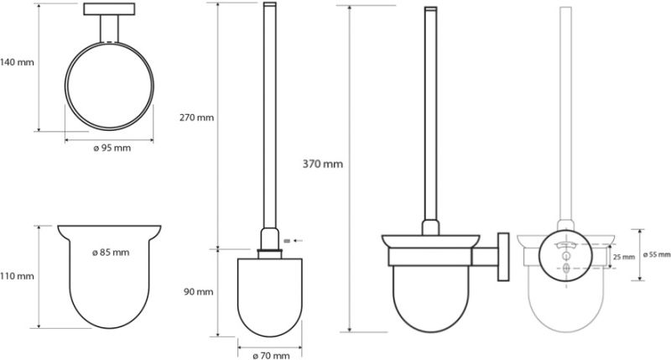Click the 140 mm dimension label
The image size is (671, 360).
tap(17, 62)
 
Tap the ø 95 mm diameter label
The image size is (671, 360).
tap(112, 148)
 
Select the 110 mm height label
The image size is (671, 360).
tap(17, 277)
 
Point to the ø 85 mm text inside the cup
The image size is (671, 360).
tap(111, 253)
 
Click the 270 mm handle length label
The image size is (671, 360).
tap(196, 117)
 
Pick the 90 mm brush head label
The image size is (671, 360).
tap(199, 292)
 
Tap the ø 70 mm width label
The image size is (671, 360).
tap(271, 355)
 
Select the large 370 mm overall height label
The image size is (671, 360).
tap(323, 164)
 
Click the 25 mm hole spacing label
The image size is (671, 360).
tap(624, 258)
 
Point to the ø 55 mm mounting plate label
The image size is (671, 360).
tap(657, 255)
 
